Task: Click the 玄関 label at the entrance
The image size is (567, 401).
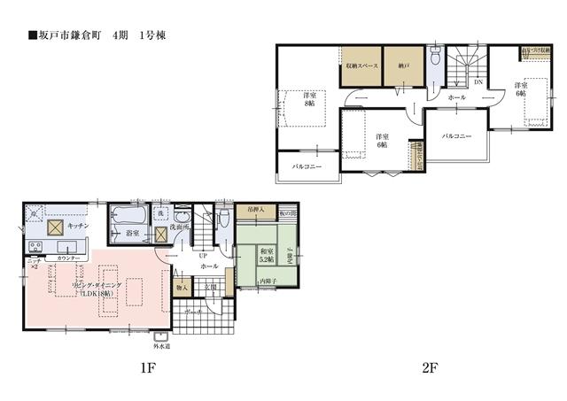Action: pos(210,288)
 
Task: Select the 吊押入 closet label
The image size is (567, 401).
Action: pos(255,211)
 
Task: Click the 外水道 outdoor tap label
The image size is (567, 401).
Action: pos(160,346)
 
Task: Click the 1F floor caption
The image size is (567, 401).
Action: pos(147,368)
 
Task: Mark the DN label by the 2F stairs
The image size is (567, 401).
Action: pos(478,83)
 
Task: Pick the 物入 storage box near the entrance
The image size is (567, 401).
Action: pos(182,288)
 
